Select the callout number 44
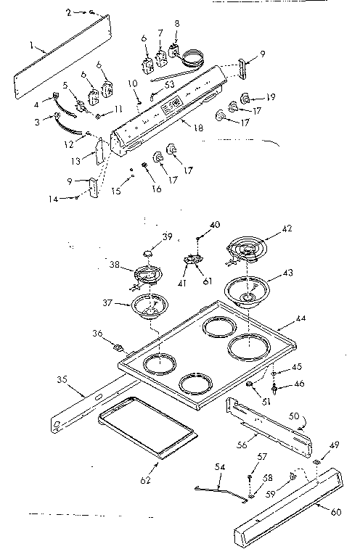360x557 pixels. (300, 319)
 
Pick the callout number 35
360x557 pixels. (62, 379)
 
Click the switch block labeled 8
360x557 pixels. (174, 53)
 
